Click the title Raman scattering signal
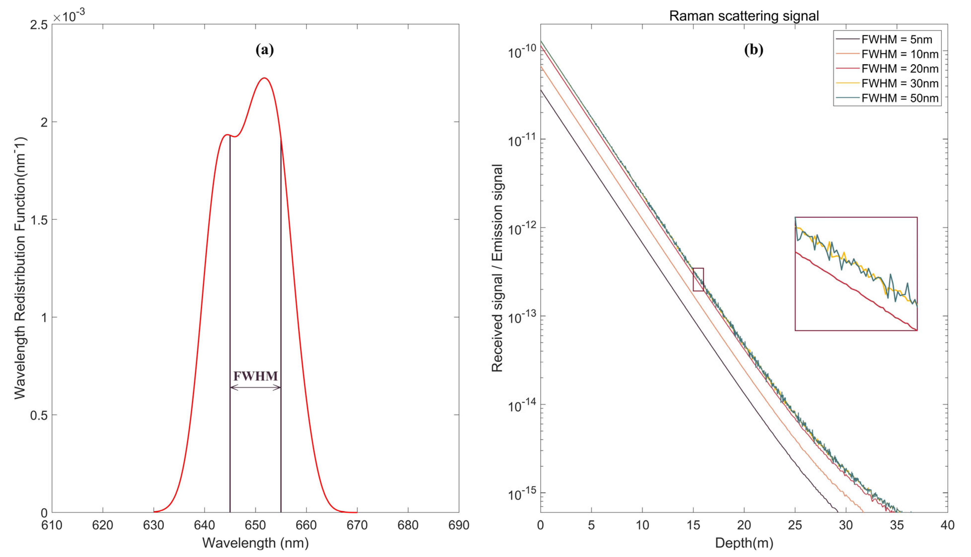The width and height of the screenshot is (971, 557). (744, 16)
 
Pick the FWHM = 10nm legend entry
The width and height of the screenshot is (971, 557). (900, 54)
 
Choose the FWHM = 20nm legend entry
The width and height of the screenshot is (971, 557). (900, 69)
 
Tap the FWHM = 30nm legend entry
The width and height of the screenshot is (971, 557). (900, 83)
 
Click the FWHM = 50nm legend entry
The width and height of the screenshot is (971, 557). (900, 98)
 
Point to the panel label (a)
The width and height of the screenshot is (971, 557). (264, 50)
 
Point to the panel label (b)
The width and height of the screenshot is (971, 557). (753, 50)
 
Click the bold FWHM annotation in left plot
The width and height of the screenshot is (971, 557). (255, 376)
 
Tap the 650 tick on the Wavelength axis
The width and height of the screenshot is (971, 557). (255, 525)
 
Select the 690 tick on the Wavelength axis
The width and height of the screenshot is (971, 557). (459, 525)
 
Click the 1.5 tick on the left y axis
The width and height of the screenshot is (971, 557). (39, 220)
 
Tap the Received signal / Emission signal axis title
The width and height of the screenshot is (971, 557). (497, 268)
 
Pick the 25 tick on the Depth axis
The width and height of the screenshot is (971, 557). (795, 525)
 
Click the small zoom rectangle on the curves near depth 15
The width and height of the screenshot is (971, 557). (698, 279)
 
